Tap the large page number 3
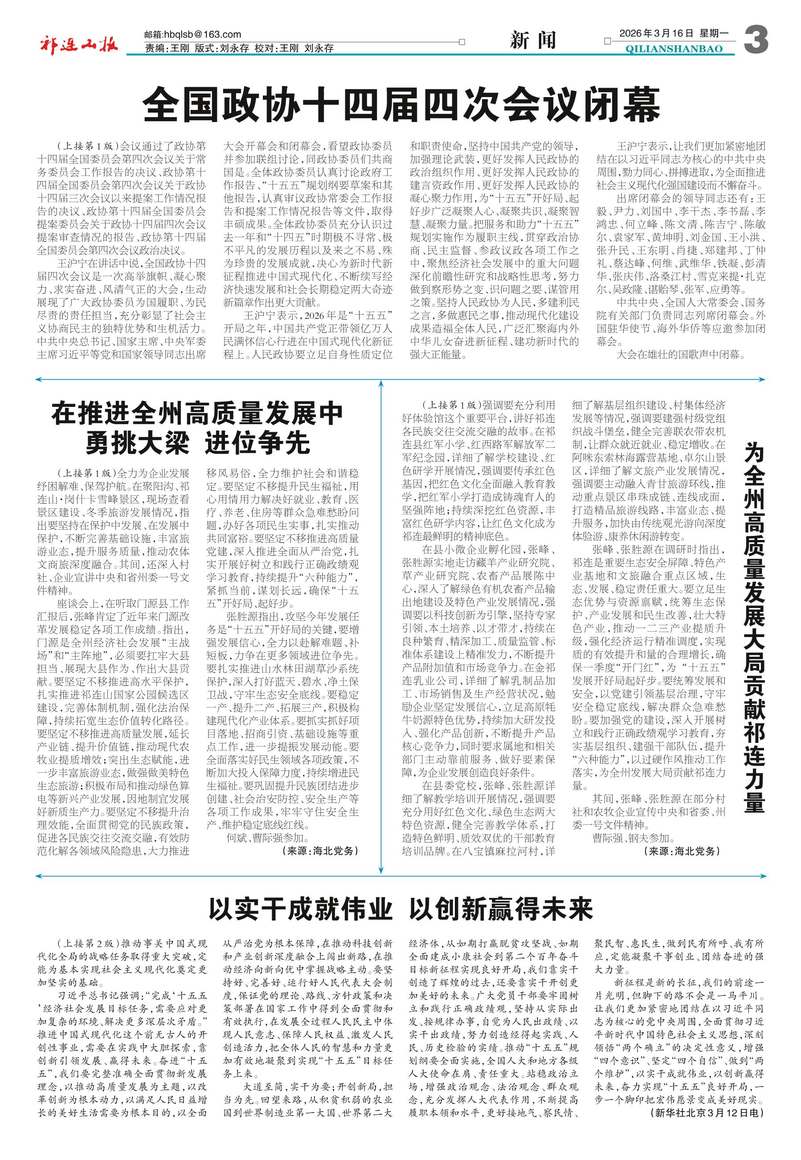756,41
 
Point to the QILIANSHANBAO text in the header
674,49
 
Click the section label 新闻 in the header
533,41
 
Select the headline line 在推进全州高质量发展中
197,414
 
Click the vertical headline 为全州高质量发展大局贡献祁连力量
754,627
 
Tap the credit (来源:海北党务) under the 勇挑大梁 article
321,851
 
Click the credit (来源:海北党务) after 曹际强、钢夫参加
681,851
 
